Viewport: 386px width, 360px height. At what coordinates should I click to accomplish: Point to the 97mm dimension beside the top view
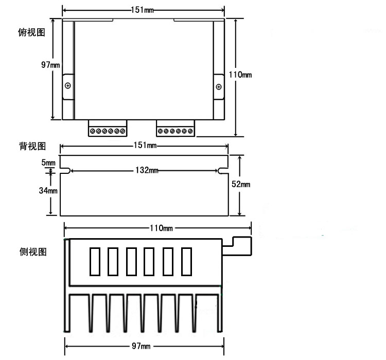[50, 65]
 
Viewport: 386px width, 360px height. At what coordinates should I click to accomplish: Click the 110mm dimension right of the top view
[240, 75]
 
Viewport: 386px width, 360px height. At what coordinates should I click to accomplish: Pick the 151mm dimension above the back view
[144, 146]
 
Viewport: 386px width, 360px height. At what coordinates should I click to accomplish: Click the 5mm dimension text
[48, 163]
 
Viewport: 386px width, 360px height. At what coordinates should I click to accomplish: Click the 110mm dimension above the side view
[160, 227]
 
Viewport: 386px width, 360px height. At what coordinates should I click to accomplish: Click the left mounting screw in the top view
[68, 85]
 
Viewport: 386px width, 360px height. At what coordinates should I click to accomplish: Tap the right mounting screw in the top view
[219, 86]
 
